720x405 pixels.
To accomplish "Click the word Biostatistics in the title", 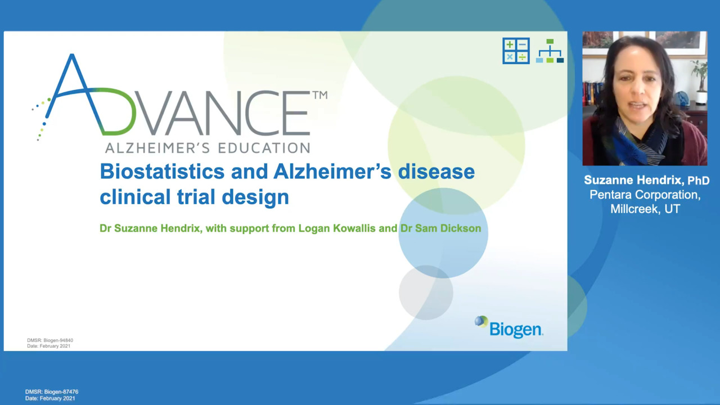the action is click(x=162, y=172).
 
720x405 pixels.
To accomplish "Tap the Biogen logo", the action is click(x=509, y=327).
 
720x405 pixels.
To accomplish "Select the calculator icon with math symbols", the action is click(x=516, y=51).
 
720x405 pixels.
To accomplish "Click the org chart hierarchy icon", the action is click(x=550, y=51).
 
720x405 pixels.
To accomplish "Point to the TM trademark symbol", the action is click(x=320, y=95).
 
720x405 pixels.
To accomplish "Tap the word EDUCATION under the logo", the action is click(x=264, y=148).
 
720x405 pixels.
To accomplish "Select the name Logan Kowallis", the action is click(x=337, y=228).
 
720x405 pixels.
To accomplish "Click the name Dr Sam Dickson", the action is click(x=440, y=228).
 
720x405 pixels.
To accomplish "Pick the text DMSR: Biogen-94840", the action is click(x=50, y=340).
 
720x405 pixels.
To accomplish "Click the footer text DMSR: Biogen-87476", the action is click(x=52, y=392).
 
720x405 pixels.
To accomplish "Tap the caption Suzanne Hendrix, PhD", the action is click(x=647, y=181).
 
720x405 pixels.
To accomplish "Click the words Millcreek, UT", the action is click(x=645, y=209).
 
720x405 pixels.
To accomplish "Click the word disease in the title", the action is click(x=436, y=172).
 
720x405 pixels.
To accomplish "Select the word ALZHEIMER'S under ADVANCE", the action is click(x=157, y=148).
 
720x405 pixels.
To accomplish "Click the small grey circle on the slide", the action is click(x=426, y=292).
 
